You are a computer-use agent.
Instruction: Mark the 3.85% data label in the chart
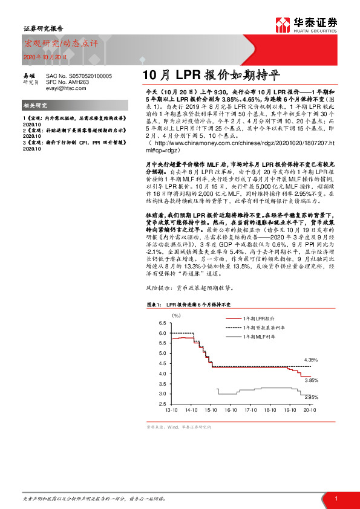click(311, 380)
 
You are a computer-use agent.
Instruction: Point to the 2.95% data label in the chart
click(311, 397)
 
